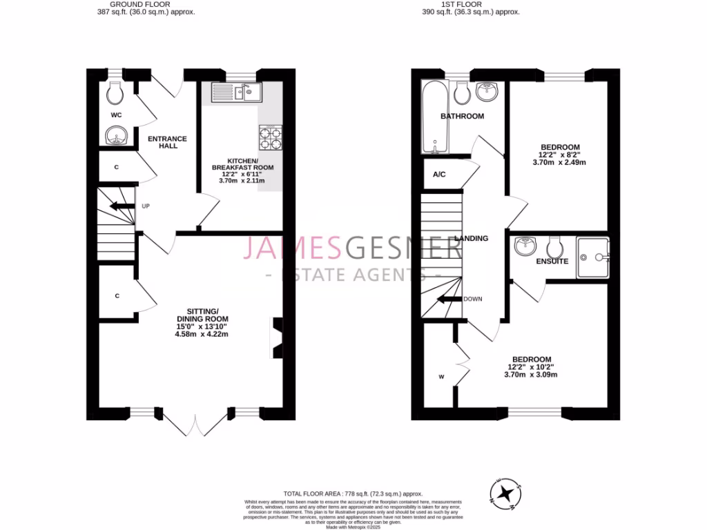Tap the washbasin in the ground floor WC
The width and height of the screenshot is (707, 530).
115,137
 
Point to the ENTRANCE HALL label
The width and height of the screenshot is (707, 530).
168,142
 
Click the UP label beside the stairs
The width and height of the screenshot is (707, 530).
146,206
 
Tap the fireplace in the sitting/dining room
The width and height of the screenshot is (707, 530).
277,337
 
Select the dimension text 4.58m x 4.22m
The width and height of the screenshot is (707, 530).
202,334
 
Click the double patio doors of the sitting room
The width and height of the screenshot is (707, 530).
196,422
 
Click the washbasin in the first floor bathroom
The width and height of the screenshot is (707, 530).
490,92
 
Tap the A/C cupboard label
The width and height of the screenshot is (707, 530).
439,175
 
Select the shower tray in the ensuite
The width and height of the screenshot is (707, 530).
593,257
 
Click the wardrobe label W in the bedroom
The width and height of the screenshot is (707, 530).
440,377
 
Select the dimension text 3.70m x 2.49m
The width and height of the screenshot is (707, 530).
559,163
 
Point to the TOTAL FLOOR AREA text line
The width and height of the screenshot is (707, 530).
353,493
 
